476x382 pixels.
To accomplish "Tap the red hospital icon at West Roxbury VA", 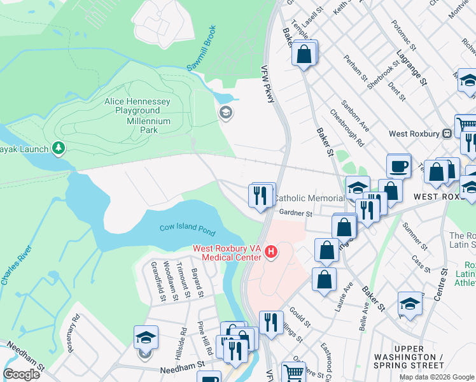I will pos(272,253).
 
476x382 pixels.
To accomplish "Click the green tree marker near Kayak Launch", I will pos(59,148).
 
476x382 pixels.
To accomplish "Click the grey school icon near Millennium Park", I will pos(225,113).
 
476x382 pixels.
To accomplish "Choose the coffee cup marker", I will pos(398,166).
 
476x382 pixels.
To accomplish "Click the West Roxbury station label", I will pos(415,134).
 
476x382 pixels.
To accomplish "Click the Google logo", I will pos(22,374).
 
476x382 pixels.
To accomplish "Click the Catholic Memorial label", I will pos(309,199).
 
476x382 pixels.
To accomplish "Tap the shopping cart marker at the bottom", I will pos(293,372).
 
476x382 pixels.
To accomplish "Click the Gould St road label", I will pos(299,316).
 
